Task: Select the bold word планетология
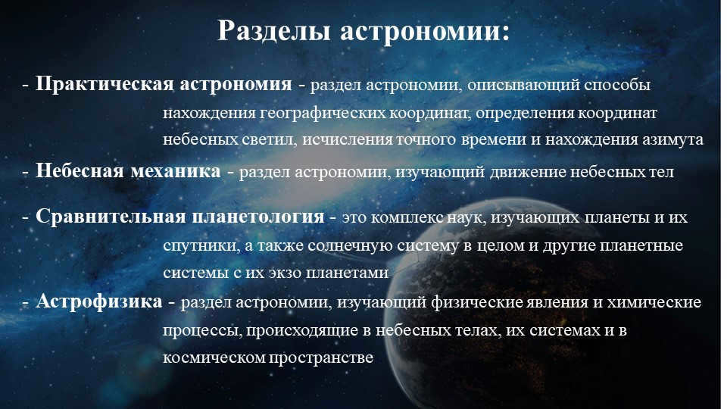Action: [256, 217]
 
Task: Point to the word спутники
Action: [194, 247]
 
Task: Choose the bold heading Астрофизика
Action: [99, 301]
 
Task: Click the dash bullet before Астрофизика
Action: [26, 302]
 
